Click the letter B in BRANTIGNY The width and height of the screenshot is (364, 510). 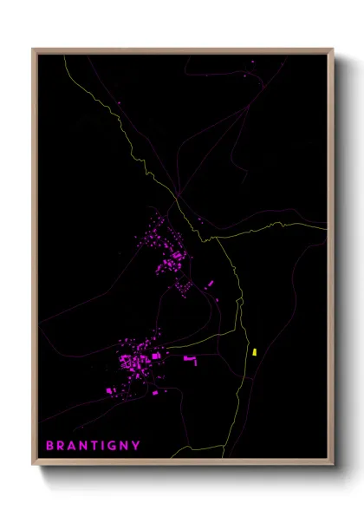click(x=49, y=446)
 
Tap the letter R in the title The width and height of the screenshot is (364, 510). click(x=61, y=446)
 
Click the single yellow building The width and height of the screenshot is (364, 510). click(x=255, y=352)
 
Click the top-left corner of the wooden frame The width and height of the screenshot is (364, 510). click(x=33, y=49)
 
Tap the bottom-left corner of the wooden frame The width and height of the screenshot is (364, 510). click(x=33, y=466)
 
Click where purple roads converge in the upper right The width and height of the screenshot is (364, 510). click(x=249, y=108)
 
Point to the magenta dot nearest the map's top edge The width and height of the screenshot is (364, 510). click(x=253, y=62)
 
